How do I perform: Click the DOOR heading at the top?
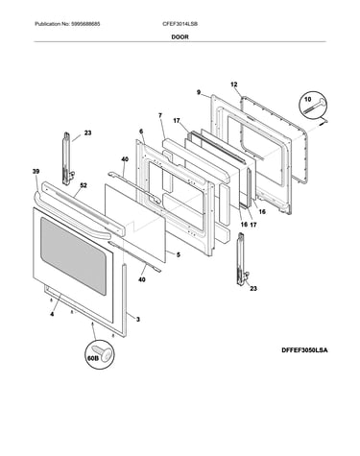180,37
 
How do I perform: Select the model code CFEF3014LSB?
180,24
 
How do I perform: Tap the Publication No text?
67,24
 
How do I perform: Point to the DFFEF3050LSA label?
304,350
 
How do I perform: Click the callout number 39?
36,172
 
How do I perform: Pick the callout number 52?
84,185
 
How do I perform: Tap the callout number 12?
234,84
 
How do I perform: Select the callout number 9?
199,92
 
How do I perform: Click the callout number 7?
160,115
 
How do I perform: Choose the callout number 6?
141,132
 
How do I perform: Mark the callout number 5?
179,254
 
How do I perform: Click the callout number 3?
138,319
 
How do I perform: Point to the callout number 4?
52,314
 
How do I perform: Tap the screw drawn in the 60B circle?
103,353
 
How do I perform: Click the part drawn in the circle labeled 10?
315,107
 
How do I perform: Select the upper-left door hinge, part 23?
67,158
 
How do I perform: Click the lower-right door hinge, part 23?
242,259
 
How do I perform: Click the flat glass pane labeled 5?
135,223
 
